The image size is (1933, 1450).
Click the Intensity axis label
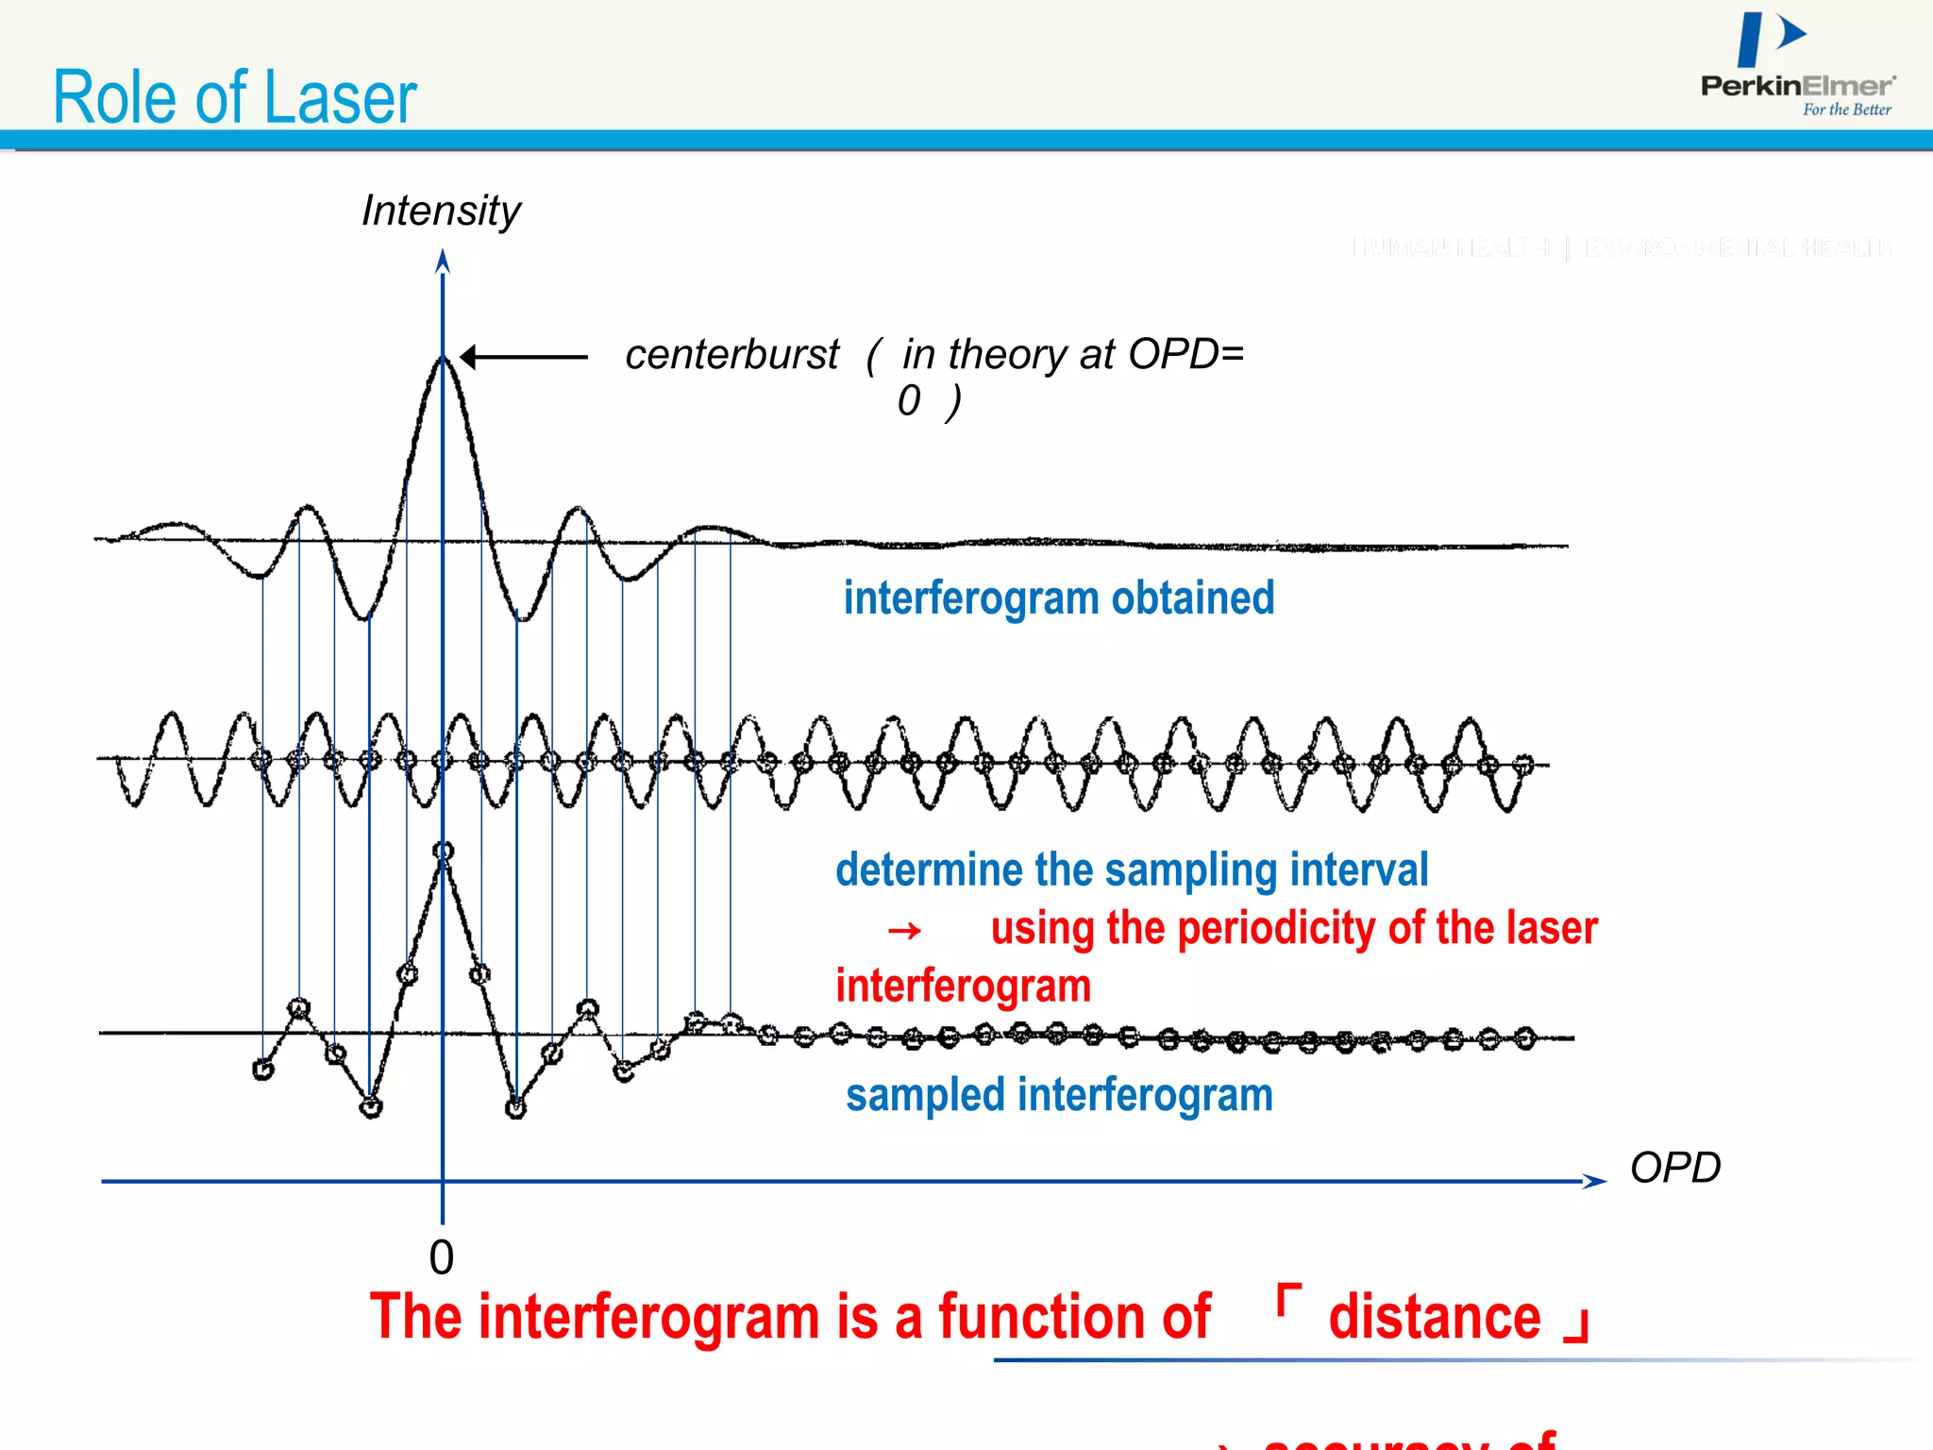click(441, 211)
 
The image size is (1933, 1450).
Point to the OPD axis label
click(1675, 1168)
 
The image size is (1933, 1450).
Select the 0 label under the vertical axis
click(441, 1257)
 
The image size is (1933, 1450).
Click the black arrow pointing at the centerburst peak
click(524, 357)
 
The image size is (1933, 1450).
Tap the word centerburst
click(731, 355)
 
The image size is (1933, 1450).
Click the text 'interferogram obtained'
click(1058, 599)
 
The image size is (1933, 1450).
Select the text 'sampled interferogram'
click(1059, 1095)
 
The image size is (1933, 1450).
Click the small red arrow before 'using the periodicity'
click(904, 931)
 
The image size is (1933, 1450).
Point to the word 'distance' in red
click(1434, 1318)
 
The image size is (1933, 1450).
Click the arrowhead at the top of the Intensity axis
click(443, 261)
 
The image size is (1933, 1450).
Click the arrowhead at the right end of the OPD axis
click(1594, 1181)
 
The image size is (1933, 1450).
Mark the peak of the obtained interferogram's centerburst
click(442, 358)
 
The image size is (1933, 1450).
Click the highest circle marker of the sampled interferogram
click(444, 851)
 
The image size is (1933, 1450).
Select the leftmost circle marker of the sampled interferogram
click(263, 1070)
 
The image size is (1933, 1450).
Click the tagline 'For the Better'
click(1846, 110)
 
